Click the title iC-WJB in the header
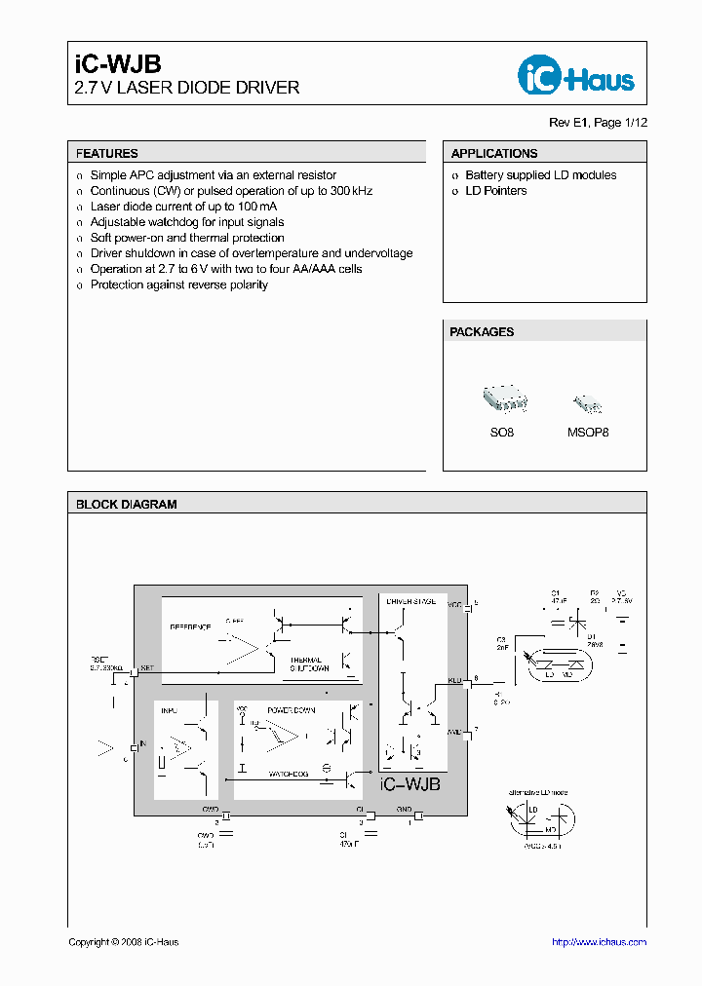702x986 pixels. (110, 65)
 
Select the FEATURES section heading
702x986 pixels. (107, 154)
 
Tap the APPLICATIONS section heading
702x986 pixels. (494, 154)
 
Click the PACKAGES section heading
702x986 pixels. (482, 332)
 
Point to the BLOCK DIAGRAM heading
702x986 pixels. (127, 505)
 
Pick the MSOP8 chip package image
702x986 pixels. (587, 403)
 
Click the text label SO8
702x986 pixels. (502, 432)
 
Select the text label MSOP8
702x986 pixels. (588, 432)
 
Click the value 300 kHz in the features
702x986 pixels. (351, 191)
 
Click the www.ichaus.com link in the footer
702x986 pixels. (599, 942)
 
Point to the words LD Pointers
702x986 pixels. (495, 191)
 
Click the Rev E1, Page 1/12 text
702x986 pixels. (598, 123)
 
